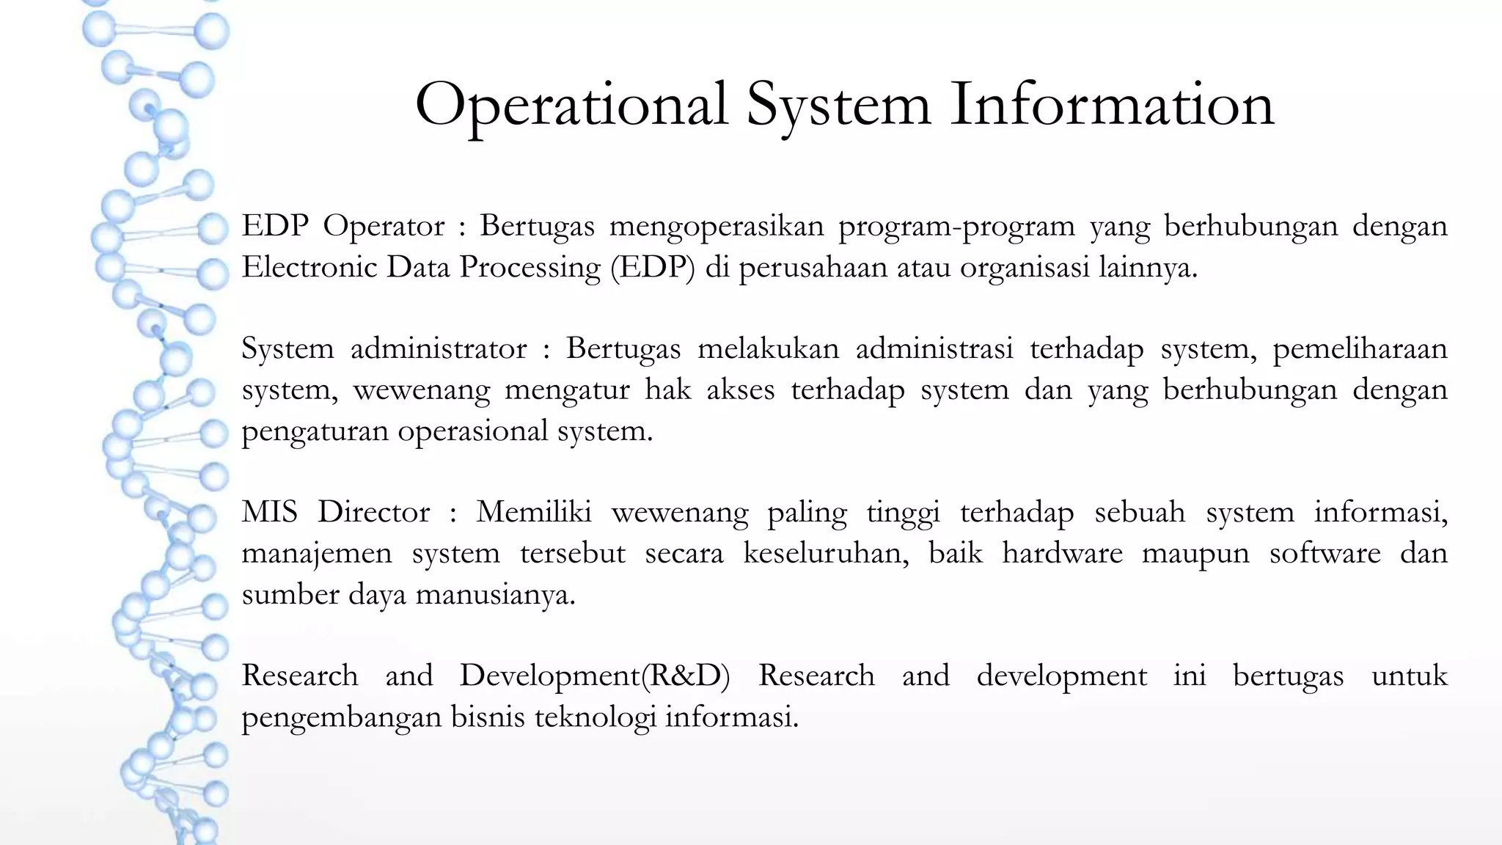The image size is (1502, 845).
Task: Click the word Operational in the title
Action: pyautogui.click(x=571, y=105)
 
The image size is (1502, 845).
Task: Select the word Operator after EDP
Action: pyautogui.click(x=384, y=227)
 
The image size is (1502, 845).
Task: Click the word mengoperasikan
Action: pyautogui.click(x=717, y=227)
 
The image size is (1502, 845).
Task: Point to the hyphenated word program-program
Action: pyautogui.click(x=956, y=227)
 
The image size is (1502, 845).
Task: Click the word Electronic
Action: pyautogui.click(x=308, y=267)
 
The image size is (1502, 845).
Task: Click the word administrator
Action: pyautogui.click(x=439, y=348)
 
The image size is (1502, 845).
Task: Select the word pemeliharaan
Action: pyautogui.click(x=1360, y=349)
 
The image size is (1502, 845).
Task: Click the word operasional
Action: pyautogui.click(x=472, y=431)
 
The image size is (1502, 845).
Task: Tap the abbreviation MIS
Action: pyautogui.click(x=269, y=512)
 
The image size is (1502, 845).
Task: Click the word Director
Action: pyautogui.click(x=373, y=512)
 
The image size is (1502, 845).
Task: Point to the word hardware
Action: pyautogui.click(x=1062, y=553)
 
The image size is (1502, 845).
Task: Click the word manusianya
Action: pyautogui.click(x=495, y=594)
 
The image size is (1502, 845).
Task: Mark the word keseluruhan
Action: pyautogui.click(x=826, y=553)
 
